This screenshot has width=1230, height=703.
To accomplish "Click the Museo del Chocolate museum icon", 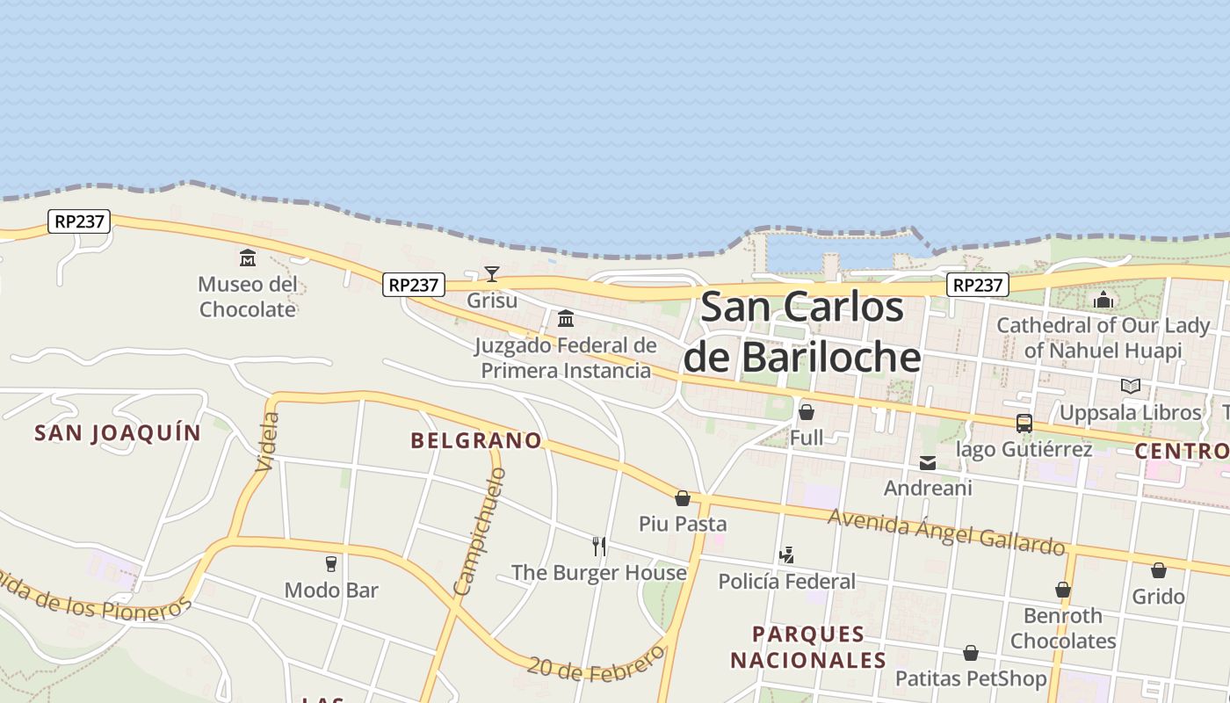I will click(x=248, y=258).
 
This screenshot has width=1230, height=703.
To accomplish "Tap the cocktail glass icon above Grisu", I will click(x=492, y=274).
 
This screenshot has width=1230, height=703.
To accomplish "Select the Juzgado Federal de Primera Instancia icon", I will click(x=566, y=318).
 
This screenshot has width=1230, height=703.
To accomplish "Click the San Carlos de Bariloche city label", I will click(x=802, y=332).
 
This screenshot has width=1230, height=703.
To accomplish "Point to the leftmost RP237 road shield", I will click(x=79, y=221).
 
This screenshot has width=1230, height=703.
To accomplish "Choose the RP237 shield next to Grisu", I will click(x=414, y=285).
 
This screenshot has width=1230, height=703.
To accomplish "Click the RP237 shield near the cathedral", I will click(x=978, y=285).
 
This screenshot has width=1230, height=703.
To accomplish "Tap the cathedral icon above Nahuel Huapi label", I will click(x=1103, y=300).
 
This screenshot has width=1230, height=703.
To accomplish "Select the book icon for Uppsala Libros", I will click(x=1131, y=386).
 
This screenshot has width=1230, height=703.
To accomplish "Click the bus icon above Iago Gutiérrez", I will click(x=1024, y=424).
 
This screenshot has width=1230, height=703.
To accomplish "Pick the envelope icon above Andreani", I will click(x=928, y=463).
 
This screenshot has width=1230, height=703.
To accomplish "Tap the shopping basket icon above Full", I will click(x=807, y=411).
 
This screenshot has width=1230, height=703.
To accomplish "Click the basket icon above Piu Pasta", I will click(x=683, y=498).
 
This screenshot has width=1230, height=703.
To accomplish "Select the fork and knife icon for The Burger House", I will click(x=599, y=546).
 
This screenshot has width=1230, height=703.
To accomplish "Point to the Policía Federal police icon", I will click(x=787, y=555).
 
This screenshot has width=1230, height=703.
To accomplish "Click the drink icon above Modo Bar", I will click(x=331, y=563).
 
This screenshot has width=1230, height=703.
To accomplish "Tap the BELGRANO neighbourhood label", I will click(x=476, y=441).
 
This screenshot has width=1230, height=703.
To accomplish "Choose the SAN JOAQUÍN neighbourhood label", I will click(x=118, y=432).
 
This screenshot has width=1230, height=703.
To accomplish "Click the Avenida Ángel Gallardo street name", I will click(x=946, y=530).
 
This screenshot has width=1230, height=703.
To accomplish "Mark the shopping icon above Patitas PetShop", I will click(x=971, y=653).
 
